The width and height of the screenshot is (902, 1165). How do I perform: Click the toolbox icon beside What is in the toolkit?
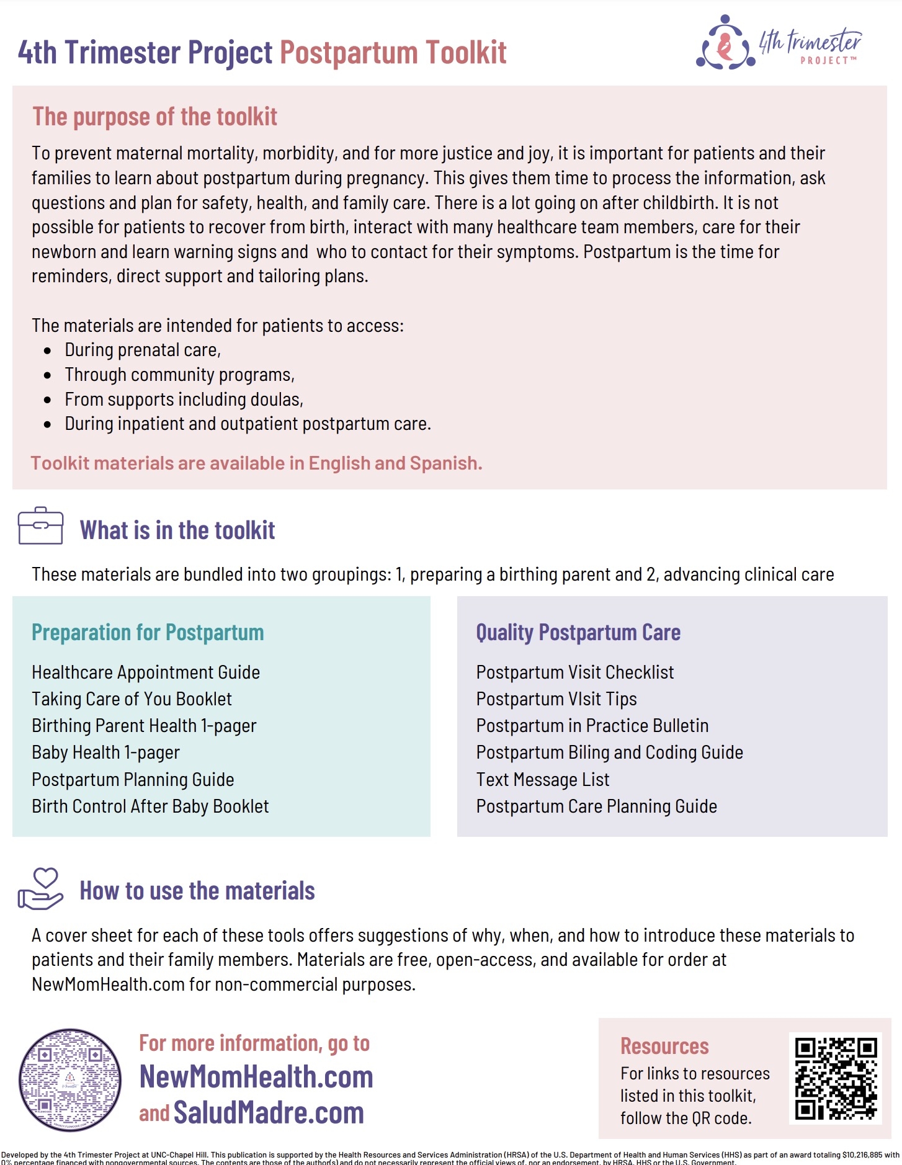point(40,526)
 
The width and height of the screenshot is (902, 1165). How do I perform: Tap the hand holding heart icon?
point(40,888)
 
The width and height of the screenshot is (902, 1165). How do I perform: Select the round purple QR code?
point(70,1080)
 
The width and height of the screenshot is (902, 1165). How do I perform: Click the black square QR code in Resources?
point(836,1078)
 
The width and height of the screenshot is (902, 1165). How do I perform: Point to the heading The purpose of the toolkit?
point(154,117)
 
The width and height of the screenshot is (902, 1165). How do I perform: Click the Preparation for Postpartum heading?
point(148,632)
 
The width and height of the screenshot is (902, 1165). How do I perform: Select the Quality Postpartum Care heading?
point(578,632)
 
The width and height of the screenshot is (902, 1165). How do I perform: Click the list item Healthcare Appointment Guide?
point(146,672)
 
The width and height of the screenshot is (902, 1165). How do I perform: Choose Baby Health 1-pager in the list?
point(105,752)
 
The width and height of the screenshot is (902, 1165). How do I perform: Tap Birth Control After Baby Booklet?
point(150,806)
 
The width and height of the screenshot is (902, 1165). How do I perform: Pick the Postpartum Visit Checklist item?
point(574,672)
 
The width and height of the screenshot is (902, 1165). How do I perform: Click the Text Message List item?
point(543,779)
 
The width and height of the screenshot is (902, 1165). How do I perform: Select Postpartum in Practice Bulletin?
point(592,725)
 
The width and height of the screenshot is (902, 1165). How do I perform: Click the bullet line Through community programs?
point(179,375)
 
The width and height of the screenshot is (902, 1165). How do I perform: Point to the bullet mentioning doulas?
point(184,399)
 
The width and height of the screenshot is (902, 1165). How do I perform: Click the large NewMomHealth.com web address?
point(256,1077)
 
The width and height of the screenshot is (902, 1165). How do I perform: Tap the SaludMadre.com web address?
point(269,1112)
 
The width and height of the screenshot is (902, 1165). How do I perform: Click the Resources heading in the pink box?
point(664,1046)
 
